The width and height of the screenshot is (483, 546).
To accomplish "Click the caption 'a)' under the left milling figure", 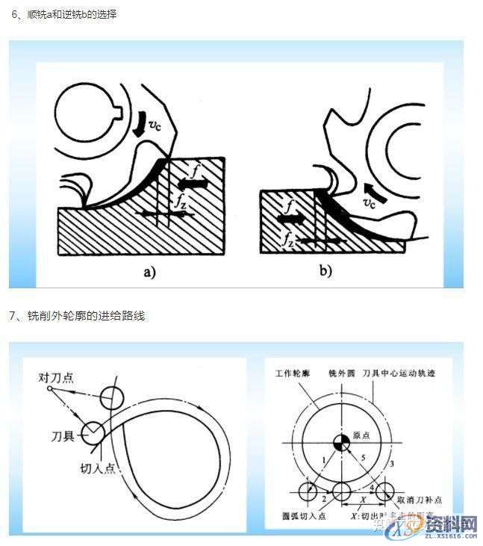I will tap(149, 272).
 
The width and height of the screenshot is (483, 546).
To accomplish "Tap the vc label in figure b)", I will tap(368, 202).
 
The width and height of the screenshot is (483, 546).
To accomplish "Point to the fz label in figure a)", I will tap(181, 202).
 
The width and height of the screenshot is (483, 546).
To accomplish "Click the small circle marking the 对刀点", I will tap(49, 388).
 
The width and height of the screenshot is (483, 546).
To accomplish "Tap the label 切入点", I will tap(96, 471).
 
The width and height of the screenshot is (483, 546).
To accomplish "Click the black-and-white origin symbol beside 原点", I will tap(338, 442).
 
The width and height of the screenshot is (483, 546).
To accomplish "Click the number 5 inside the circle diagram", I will tap(363, 458).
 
